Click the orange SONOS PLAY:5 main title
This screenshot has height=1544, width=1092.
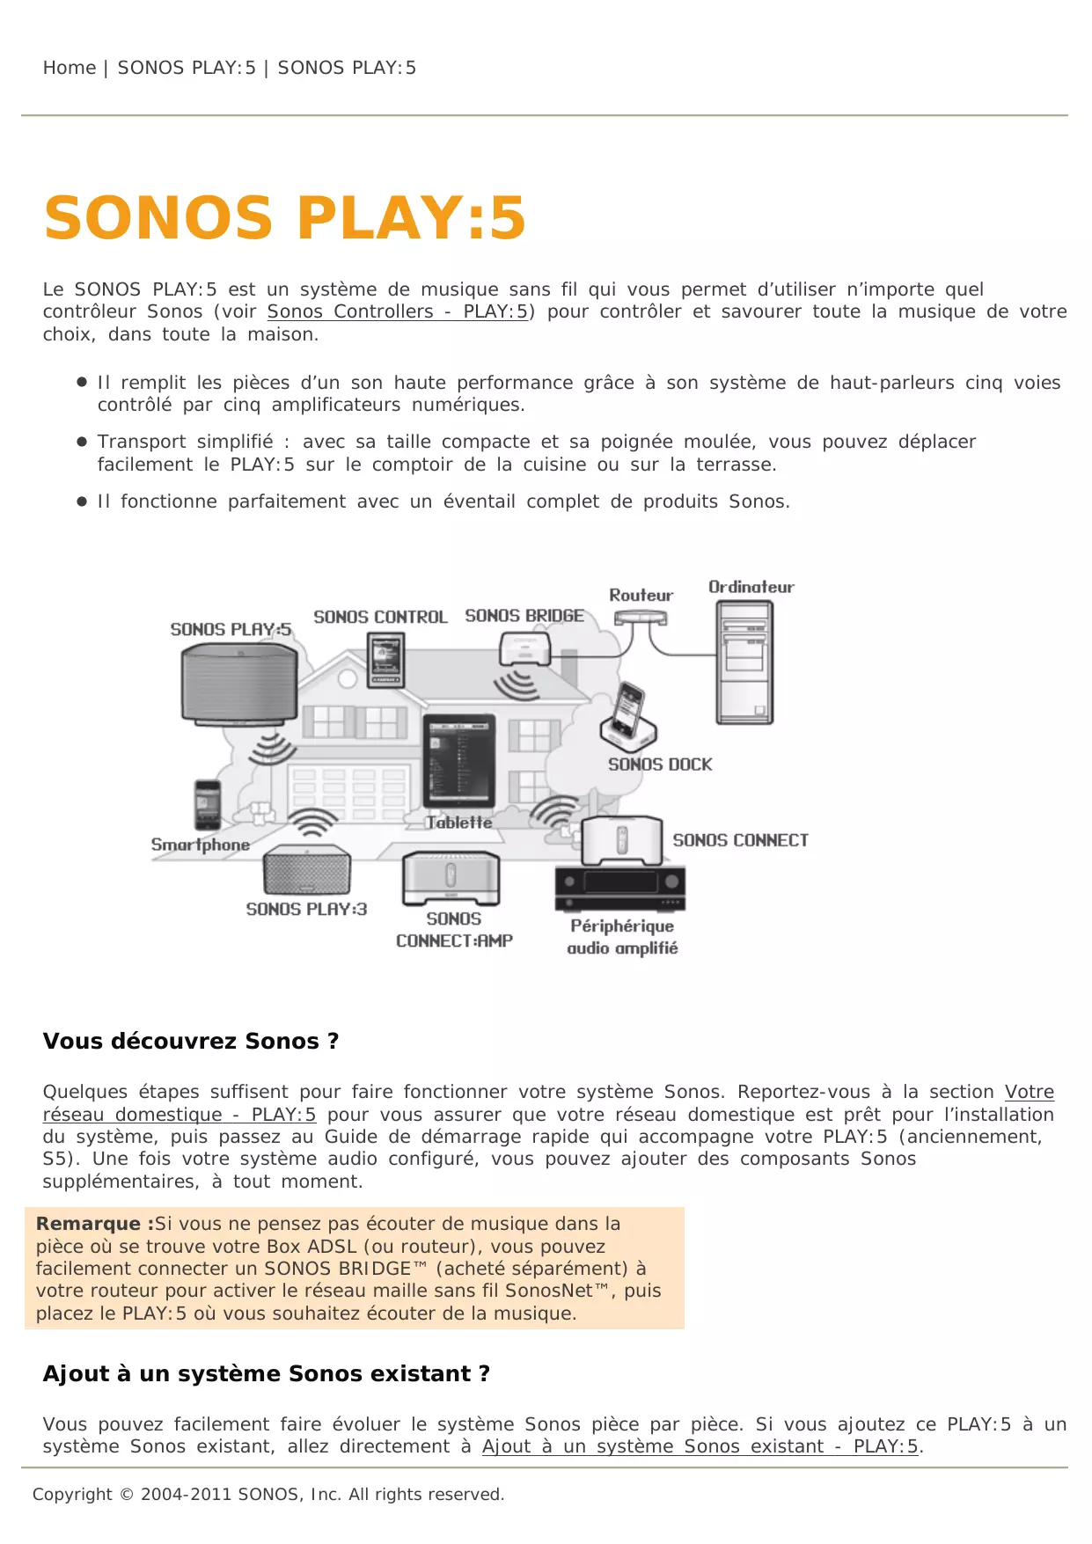point(284,218)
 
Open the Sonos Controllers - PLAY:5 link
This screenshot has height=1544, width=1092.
point(398,312)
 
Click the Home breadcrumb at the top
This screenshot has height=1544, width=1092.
point(70,68)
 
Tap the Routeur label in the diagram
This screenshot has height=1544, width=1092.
point(641,596)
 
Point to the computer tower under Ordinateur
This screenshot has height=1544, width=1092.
point(744,662)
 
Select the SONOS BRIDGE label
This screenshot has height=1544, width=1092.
point(524,616)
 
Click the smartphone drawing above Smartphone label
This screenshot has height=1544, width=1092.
point(208,804)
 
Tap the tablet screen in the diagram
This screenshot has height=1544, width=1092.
point(459,762)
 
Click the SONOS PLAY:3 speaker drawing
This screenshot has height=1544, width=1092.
point(306,871)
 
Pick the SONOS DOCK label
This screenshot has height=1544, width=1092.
point(660,765)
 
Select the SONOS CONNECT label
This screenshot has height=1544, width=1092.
point(740,840)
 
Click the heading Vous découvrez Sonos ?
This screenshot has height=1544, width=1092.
point(191,1042)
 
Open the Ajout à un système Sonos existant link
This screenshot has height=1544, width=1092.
point(700,1447)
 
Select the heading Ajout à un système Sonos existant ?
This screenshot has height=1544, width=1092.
point(266,1374)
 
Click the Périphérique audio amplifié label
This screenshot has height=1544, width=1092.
point(622,937)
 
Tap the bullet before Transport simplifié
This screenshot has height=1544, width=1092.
point(82,442)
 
